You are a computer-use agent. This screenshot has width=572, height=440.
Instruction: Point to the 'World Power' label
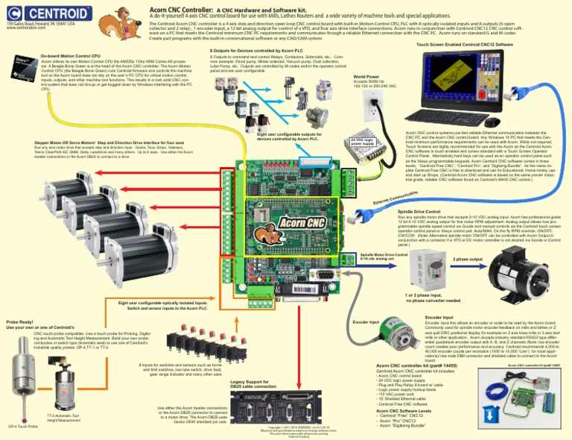coord(367,76)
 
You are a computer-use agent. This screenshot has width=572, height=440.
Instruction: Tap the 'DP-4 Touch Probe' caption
coord(22,426)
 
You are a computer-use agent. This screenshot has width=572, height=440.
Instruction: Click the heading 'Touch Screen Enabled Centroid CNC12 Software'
coord(464,45)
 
